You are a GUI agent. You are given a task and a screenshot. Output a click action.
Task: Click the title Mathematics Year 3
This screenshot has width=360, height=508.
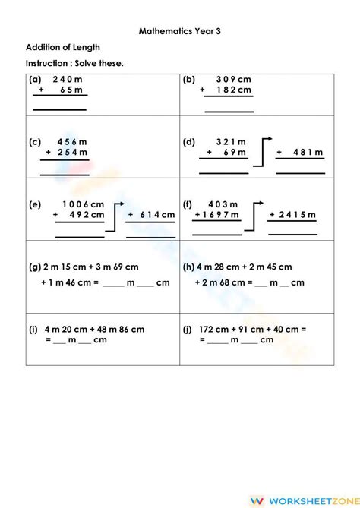179,32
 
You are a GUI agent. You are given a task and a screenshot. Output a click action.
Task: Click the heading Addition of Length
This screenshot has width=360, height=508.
62,48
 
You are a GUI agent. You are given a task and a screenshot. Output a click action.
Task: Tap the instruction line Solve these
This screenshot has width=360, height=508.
74,62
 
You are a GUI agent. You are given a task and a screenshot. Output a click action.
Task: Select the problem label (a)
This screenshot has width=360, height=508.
35,78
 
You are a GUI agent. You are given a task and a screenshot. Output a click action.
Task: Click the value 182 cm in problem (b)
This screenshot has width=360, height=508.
233,90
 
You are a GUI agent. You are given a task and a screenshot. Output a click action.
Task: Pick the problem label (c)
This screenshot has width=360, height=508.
35,141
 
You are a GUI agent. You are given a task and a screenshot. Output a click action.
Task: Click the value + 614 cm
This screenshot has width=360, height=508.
151,215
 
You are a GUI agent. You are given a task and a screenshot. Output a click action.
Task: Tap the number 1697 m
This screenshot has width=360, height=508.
219,215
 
